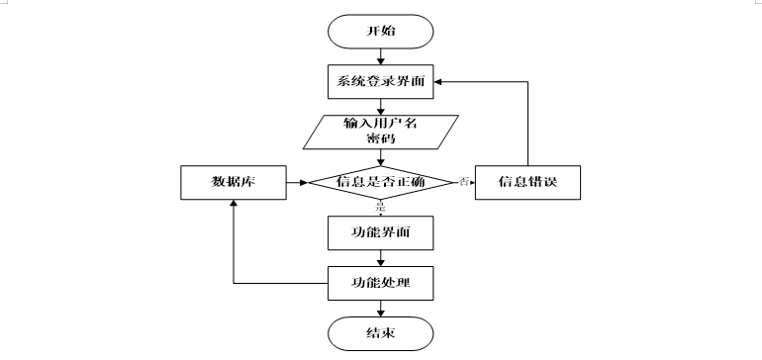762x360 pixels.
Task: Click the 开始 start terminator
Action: point(381,32)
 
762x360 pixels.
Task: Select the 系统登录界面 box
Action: point(381,81)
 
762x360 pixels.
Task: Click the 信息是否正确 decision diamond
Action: point(381,182)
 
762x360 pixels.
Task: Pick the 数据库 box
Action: point(233,182)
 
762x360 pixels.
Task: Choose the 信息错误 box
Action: point(526,182)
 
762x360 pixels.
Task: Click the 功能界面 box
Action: point(381,232)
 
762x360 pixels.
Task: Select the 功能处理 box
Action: point(381,284)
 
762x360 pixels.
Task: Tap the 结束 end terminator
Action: point(381,333)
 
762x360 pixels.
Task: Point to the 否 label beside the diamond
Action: point(463,181)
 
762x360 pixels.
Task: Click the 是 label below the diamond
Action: point(380,207)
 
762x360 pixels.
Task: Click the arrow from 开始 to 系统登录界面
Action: point(381,55)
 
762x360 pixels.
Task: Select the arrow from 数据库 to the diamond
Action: point(296,182)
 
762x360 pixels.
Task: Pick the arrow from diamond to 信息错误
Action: point(467,182)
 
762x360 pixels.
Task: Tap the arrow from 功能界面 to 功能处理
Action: point(381,257)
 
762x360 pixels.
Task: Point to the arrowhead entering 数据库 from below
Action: point(233,204)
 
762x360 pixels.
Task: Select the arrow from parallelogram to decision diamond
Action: point(381,157)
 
